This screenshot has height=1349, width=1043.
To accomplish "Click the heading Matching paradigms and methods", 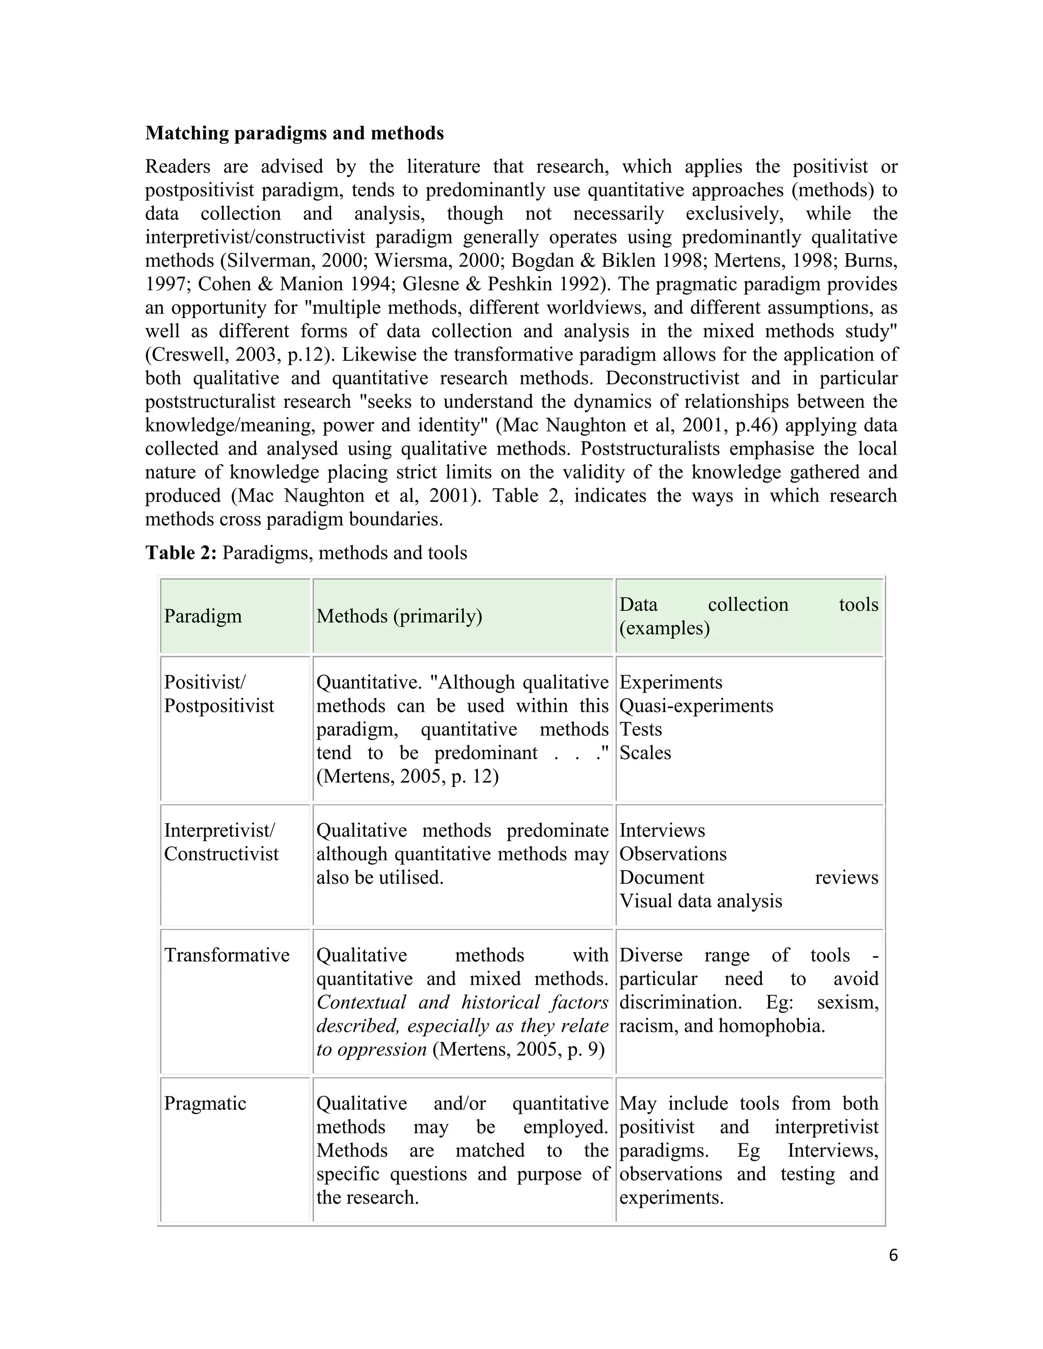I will click(294, 133).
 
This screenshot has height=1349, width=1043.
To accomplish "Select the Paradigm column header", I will click(203, 616).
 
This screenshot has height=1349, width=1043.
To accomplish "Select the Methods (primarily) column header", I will click(399, 616).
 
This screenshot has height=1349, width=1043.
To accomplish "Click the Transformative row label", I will click(227, 955).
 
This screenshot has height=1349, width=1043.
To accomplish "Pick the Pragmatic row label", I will click(205, 1103).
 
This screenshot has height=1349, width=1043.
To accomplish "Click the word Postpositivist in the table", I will click(218, 706).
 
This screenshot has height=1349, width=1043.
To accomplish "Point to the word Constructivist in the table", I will click(221, 854).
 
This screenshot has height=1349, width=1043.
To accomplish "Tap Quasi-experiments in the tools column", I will click(696, 706).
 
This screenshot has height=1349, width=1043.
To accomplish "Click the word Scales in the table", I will click(645, 752).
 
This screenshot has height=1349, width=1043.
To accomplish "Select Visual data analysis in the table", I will click(701, 901).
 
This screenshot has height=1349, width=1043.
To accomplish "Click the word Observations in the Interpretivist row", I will click(673, 854).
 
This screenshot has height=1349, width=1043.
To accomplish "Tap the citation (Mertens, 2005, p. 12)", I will click(407, 776).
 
